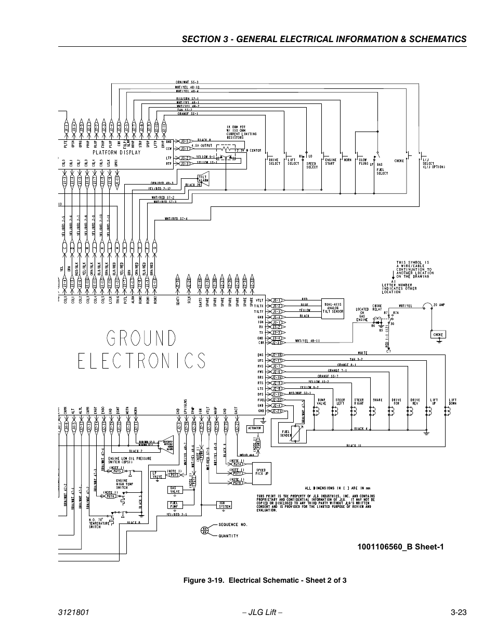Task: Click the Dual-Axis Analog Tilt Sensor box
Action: (333, 308)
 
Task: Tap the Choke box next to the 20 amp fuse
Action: (438, 335)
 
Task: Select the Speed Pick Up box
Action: (260, 471)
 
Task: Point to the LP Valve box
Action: (157, 475)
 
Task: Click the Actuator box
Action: (255, 428)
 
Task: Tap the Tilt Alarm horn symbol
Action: (204, 178)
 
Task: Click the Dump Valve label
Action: (321, 401)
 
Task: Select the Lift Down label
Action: (453, 401)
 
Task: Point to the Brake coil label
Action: (377, 400)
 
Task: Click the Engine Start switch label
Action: (330, 162)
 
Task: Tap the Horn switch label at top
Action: (347, 160)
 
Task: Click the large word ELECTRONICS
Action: (142, 360)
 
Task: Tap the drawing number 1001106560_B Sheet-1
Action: (400, 546)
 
